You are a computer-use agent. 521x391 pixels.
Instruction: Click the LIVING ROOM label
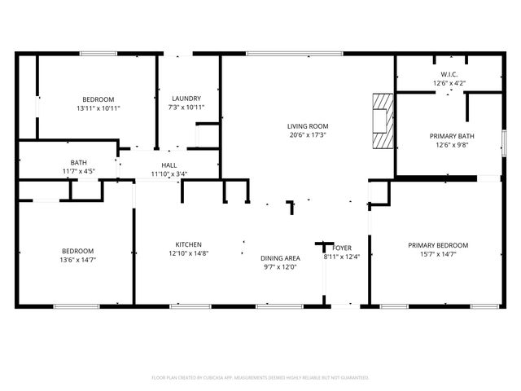[307, 126]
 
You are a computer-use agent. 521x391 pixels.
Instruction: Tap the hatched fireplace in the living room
[381, 121]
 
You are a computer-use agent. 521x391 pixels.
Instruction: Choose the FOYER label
[342, 248]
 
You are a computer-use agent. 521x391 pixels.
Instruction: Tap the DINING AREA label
[279, 258]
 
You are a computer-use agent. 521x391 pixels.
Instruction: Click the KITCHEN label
[188, 244]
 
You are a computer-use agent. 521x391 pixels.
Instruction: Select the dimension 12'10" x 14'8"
[188, 253]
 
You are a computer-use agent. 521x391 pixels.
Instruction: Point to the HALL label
[169, 164]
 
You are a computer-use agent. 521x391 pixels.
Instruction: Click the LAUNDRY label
[186, 99]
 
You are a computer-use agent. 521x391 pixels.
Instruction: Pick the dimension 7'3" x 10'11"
[186, 108]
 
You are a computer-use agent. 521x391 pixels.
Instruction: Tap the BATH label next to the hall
[79, 162]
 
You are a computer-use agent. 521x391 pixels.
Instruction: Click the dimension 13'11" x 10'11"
[99, 108]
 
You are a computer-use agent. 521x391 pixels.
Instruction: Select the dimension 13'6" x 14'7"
[78, 260]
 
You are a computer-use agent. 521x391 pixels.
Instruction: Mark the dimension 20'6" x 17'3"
[307, 135]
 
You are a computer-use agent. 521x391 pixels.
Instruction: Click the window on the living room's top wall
[283, 54]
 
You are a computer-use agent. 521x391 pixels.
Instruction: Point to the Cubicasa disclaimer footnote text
[260, 377]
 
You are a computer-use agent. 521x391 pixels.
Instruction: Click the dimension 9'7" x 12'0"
[279, 267]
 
